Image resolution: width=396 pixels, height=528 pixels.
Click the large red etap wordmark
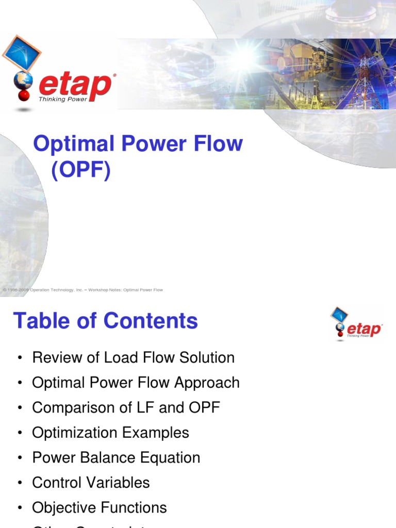pos(75,85)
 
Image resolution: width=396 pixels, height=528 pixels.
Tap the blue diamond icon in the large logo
pos(21,53)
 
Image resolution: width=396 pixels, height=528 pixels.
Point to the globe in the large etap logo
pos(24,80)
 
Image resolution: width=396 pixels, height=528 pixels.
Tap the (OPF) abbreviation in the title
pos(81,171)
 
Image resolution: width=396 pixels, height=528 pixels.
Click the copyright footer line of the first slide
pos(82,290)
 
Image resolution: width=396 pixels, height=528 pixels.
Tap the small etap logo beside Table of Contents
pos(356,324)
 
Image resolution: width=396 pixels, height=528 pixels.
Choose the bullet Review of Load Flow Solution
pos(133,357)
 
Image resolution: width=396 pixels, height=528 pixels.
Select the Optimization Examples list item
pos(110,433)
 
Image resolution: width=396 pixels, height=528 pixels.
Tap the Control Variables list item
pos(91,483)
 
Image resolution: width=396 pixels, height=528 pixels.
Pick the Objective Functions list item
pos(99,507)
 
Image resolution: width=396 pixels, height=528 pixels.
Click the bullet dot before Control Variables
pos(20,483)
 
